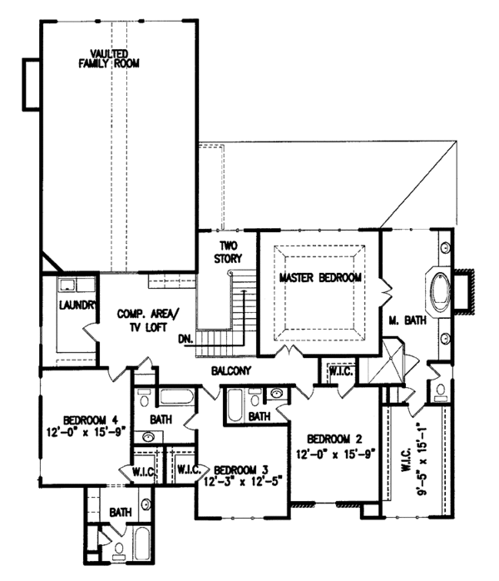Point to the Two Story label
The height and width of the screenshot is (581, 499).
click(230, 252)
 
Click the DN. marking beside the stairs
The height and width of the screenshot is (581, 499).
click(186, 340)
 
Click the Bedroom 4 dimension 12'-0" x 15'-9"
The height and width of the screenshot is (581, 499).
click(80, 430)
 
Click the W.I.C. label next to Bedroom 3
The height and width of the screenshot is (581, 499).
click(188, 470)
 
